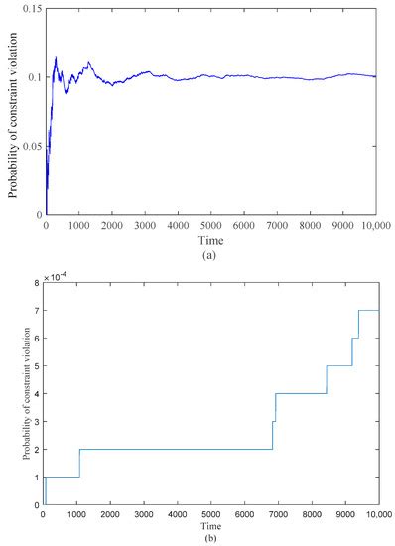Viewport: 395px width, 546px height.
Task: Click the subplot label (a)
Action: pos(210,252)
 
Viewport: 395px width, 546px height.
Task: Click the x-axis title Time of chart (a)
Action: pos(210,239)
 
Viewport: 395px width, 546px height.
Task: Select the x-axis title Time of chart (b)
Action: pos(210,525)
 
